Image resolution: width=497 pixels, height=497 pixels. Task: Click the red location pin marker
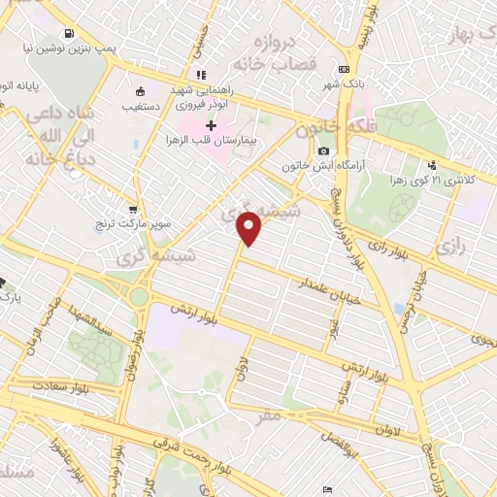click(x=249, y=227)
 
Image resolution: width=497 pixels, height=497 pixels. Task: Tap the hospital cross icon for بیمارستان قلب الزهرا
click(x=212, y=125)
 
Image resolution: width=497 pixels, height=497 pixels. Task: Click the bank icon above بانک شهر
click(x=344, y=70)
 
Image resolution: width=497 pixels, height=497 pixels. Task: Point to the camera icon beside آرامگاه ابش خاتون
click(x=323, y=151)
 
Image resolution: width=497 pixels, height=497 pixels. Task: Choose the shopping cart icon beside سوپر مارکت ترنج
click(x=133, y=209)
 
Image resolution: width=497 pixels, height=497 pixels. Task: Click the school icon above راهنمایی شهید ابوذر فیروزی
click(x=201, y=75)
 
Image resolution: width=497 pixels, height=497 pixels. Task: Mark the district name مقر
click(x=269, y=414)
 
